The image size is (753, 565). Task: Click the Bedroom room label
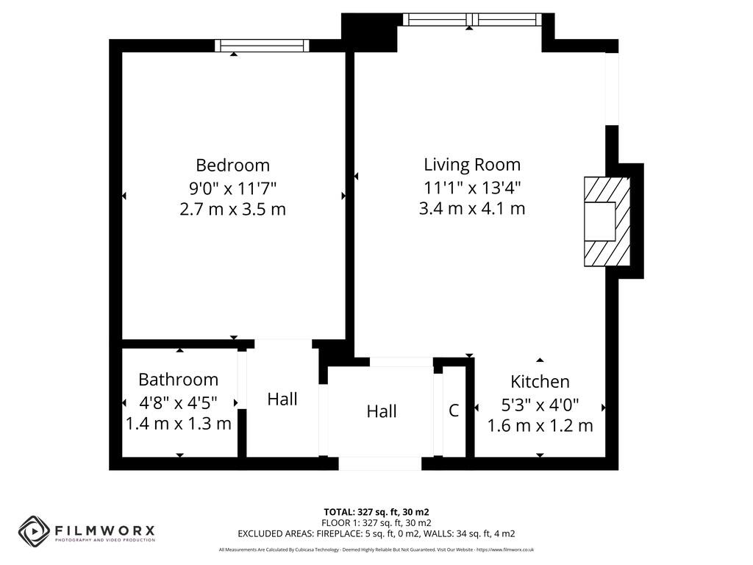click(232, 165)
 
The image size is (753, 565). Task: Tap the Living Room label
click(471, 164)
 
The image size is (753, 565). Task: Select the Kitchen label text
click(540, 381)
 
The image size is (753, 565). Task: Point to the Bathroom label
click(179, 380)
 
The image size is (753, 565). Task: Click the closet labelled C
click(454, 411)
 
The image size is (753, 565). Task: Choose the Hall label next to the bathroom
click(282, 399)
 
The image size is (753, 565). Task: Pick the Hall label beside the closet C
click(382, 411)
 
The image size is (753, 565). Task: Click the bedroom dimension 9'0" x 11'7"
click(232, 187)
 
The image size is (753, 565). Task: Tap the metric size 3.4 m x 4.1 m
click(471, 208)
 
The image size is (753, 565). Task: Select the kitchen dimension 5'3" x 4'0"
click(540, 404)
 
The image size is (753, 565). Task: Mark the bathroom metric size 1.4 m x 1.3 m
click(179, 424)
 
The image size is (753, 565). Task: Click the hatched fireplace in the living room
click(607, 221)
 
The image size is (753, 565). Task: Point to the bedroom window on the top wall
click(262, 46)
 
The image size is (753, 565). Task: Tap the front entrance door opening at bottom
click(380, 463)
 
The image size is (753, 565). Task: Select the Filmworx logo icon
click(34, 530)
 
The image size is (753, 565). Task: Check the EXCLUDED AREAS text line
click(376, 533)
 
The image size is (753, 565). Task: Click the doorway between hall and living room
click(402, 362)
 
